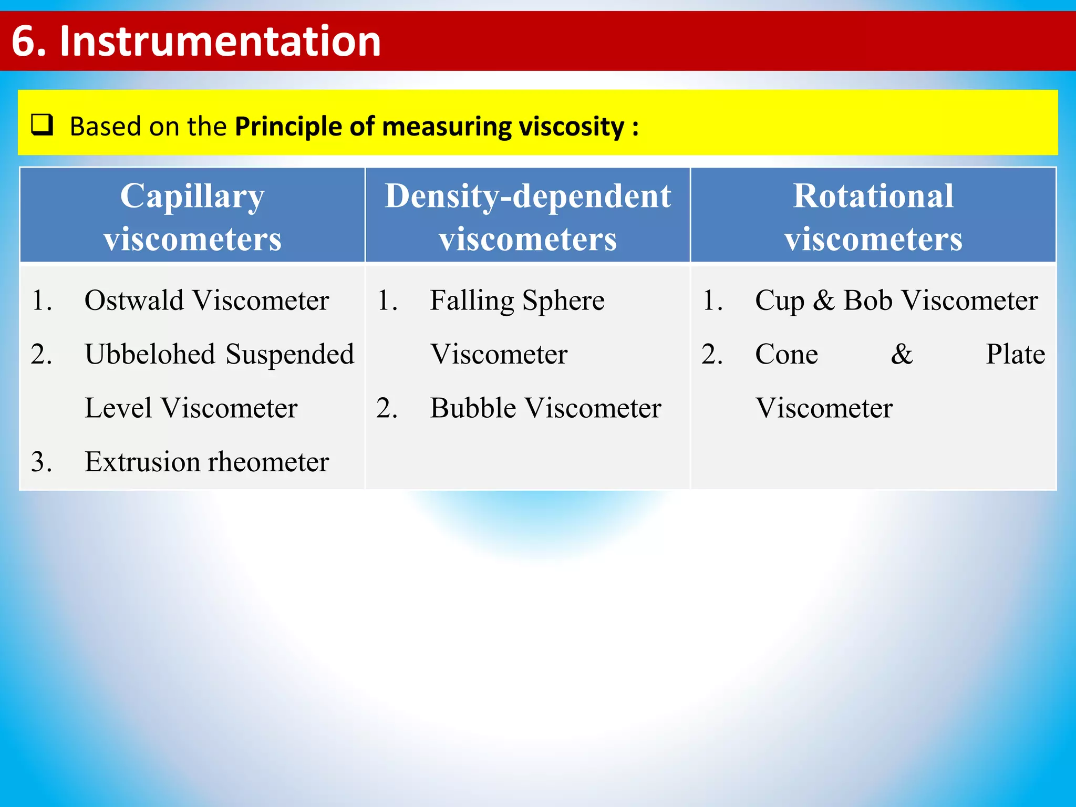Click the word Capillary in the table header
(192, 196)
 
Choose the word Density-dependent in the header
(527, 196)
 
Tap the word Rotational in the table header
(873, 196)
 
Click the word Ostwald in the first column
(134, 301)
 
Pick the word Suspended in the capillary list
(290, 354)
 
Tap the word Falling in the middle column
(472, 301)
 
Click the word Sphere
(563, 301)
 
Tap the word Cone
(786, 354)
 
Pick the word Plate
(1015, 354)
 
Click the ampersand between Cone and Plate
(902, 354)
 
